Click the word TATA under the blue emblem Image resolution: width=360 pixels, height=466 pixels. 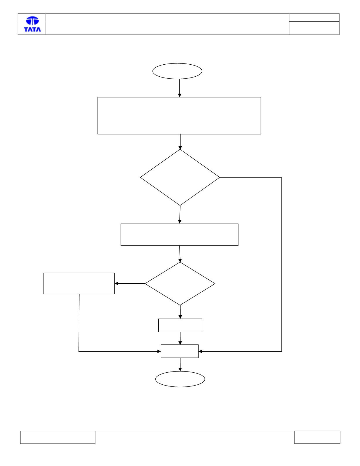click(32, 29)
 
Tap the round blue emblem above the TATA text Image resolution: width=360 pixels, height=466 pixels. click(32, 20)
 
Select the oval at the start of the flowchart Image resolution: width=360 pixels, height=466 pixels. click(177, 71)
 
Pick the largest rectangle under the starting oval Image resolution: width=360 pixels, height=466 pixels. click(179, 116)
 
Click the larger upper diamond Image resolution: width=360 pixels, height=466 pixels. click(180, 177)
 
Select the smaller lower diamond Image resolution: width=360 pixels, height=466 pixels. click(180, 283)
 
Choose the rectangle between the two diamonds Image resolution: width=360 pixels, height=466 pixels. click(179, 235)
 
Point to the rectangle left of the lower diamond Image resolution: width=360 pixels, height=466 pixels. click(79, 283)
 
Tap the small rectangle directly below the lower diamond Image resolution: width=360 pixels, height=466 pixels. click(180, 325)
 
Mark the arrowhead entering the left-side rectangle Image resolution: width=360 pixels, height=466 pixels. click(116, 283)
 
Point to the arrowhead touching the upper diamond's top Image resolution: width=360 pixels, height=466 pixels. click(180, 148)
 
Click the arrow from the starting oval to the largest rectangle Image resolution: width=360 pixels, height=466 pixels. click(180, 88)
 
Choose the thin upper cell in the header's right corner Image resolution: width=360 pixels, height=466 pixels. click(314, 18)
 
